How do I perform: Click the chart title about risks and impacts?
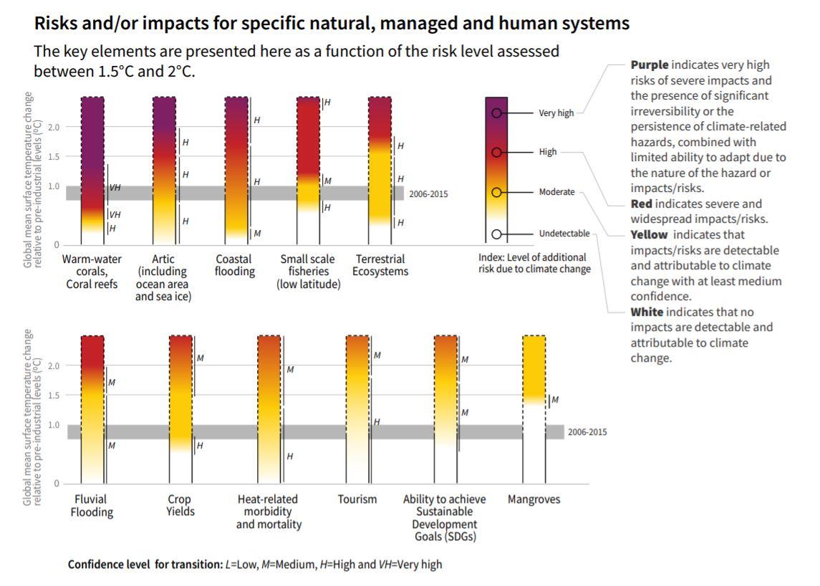(332, 23)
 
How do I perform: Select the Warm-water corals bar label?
(92, 272)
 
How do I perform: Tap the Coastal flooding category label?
(235, 265)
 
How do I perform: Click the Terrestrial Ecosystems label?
(380, 265)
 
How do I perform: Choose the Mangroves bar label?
(534, 499)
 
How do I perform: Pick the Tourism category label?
(357, 499)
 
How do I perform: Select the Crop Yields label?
(180, 505)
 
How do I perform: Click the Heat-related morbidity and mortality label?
(269, 511)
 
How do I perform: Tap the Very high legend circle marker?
(496, 113)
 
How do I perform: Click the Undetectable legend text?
(564, 234)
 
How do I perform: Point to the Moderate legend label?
(556, 192)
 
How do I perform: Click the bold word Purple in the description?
(650, 65)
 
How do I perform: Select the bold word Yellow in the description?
(649, 235)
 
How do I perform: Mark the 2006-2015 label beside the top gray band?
(428, 193)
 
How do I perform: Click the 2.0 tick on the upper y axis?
(54, 127)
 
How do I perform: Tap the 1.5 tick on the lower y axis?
(54, 395)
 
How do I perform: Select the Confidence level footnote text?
(255, 565)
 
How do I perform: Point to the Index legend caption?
(534, 263)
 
